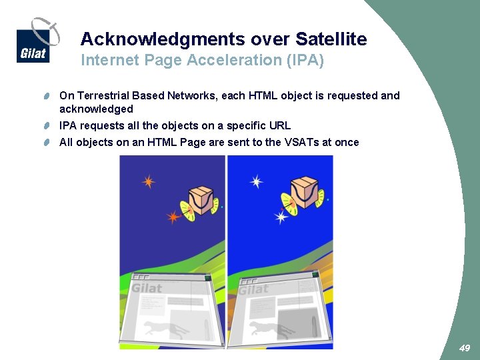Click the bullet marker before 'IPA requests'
click(49, 126)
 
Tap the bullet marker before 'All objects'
click(49, 142)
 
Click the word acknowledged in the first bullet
click(96, 109)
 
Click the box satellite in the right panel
click(307, 193)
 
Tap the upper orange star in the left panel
click(148, 181)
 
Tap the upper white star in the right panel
click(256, 181)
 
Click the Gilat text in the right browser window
click(253, 290)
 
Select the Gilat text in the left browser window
click(147, 288)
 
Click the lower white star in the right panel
click(281, 217)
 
